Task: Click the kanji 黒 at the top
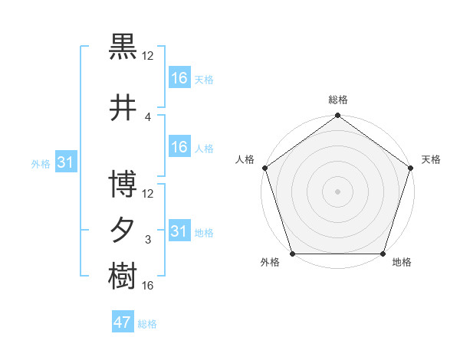(x=123, y=47)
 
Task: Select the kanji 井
(x=123, y=108)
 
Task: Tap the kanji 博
(x=123, y=185)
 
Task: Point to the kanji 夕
(x=123, y=230)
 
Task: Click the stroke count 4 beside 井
(x=148, y=117)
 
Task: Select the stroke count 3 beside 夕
(x=148, y=240)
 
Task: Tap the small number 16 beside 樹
(x=148, y=286)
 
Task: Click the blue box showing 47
(x=123, y=323)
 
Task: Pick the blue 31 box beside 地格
(x=179, y=231)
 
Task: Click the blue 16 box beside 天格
(x=179, y=78)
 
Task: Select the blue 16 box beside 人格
(x=179, y=147)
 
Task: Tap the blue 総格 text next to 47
(x=147, y=325)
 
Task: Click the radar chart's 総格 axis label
(x=338, y=100)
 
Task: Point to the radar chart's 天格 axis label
(x=431, y=159)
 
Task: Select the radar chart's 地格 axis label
(x=402, y=263)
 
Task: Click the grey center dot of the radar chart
(x=337, y=191)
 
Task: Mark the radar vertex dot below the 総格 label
(x=337, y=116)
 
